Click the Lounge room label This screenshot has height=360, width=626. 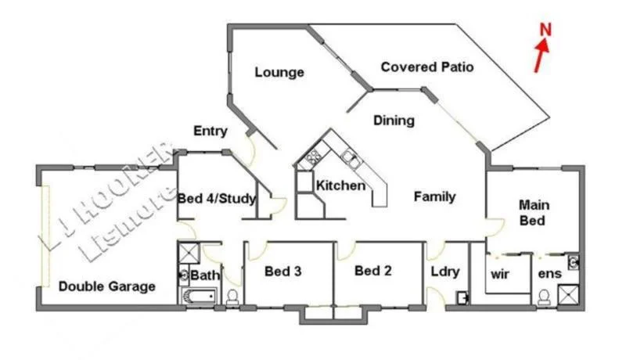coord(279,73)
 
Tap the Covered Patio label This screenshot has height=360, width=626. coord(427,67)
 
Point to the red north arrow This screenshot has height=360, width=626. coord(541,56)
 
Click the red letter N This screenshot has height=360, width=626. coord(546,30)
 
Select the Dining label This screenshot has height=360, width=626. coord(394,121)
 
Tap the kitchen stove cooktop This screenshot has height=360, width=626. coord(316,155)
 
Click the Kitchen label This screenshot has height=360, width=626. coord(340,186)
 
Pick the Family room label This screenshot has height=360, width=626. coord(435,196)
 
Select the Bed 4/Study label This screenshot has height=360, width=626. coord(217,199)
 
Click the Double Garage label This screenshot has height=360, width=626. coord(107,286)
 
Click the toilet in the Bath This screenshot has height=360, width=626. coord(232,297)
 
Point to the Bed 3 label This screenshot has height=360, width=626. coord(283,272)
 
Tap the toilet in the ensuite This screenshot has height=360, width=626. coord(544,297)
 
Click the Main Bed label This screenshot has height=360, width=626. coord(534,213)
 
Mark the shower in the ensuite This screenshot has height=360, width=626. coord(569,295)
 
